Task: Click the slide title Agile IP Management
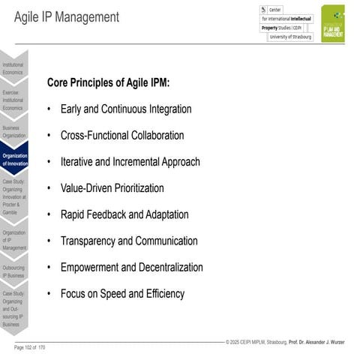[67, 17]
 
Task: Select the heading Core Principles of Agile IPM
[108, 82]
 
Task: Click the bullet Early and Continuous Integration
[125, 109]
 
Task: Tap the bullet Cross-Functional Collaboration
[121, 136]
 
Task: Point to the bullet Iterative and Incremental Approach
[130, 162]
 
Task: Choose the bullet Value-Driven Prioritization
[112, 188]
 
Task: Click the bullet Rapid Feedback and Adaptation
[124, 214]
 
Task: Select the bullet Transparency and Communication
[129, 241]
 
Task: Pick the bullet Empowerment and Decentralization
[131, 268]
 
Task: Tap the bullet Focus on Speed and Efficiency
[122, 294]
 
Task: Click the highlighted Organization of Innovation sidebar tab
[14, 159]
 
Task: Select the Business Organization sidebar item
[13, 131]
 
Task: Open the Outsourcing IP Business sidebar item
[13, 271]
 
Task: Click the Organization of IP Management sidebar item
[13, 240]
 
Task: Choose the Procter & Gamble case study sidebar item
[13, 196]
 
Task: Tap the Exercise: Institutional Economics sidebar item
[13, 100]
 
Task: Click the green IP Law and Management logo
[333, 23]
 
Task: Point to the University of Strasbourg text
[290, 36]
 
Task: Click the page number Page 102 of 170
[30, 347]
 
